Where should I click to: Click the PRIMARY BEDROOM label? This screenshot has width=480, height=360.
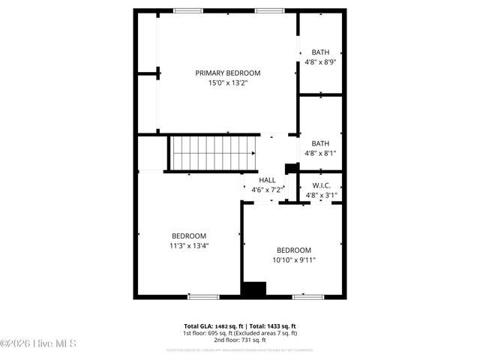(x=227, y=73)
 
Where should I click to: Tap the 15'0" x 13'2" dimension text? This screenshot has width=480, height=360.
(x=227, y=83)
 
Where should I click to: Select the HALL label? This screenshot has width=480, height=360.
(x=267, y=180)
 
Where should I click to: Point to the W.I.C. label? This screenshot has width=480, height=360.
(x=321, y=185)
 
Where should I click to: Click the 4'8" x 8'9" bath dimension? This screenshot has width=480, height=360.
(x=321, y=62)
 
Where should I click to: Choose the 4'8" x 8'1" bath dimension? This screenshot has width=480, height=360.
(x=321, y=154)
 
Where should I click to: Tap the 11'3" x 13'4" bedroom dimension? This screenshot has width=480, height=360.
(x=189, y=245)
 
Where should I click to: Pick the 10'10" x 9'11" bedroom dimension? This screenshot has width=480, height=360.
(x=293, y=260)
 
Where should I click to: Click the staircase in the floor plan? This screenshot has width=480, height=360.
(x=212, y=153)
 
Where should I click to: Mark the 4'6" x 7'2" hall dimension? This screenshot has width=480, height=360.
(x=267, y=190)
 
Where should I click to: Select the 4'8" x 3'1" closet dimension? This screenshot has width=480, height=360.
(x=321, y=195)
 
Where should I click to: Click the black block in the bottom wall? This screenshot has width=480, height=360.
(x=254, y=289)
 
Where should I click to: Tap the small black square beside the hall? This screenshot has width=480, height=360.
(x=290, y=168)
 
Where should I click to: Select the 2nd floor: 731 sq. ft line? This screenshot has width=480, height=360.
(x=240, y=340)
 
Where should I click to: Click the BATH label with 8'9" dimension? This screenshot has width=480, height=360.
(x=321, y=52)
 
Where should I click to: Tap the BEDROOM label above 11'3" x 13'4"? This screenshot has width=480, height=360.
(x=189, y=235)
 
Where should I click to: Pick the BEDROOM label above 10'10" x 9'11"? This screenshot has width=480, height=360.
(x=293, y=250)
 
